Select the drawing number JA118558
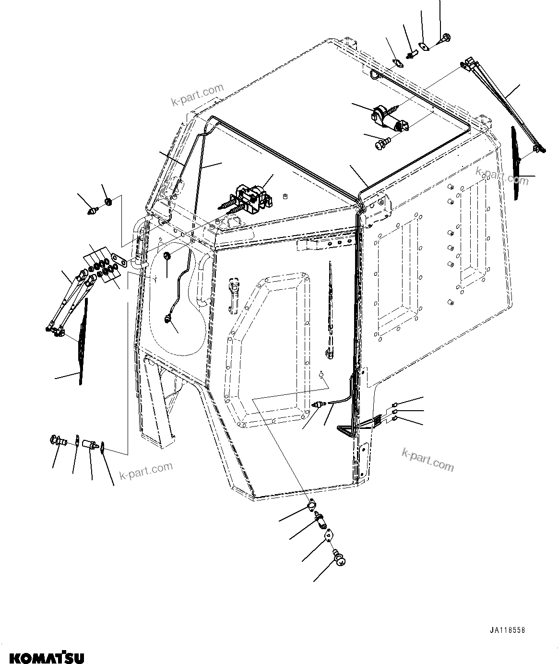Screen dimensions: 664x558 [507, 630]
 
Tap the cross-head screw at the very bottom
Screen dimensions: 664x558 [339, 557]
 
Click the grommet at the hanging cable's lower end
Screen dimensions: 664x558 [168, 319]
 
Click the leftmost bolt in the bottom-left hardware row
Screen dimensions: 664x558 [57, 439]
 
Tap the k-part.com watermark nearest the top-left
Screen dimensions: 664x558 [198, 95]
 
